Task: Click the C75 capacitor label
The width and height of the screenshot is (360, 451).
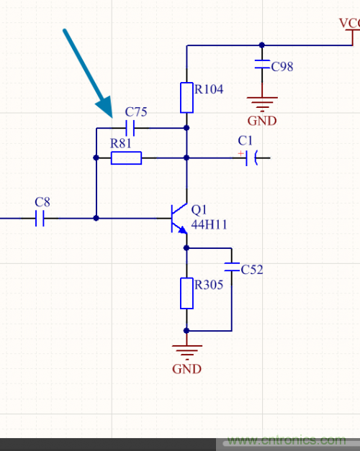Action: (x=136, y=112)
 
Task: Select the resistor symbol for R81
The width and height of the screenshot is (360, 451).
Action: (x=126, y=158)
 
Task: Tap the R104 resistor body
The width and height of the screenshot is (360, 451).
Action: (x=186, y=97)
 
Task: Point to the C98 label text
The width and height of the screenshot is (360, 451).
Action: (x=282, y=67)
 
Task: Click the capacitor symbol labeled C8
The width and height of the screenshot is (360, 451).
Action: (x=40, y=218)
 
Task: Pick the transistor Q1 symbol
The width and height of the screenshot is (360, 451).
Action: (x=178, y=218)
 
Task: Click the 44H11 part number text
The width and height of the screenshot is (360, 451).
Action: (x=209, y=224)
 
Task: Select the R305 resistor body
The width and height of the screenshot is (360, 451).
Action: (x=186, y=293)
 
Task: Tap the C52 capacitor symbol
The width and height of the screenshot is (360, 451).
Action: (x=231, y=266)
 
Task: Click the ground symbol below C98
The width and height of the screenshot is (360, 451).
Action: (x=262, y=103)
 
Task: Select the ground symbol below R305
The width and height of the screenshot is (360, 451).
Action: (x=186, y=352)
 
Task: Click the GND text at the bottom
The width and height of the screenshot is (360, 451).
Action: (x=186, y=369)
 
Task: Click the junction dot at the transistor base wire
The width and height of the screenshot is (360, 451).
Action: (x=95, y=218)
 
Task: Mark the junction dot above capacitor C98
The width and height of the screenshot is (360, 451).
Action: (x=262, y=45)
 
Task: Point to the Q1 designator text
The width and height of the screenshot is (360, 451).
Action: (x=199, y=209)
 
